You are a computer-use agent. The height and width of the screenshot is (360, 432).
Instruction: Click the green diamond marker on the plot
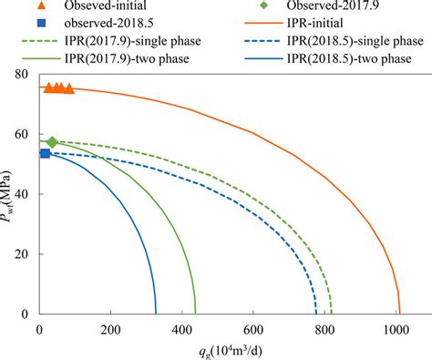pyautogui.click(x=52, y=142)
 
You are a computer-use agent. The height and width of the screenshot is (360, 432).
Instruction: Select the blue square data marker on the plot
pyautogui.click(x=45, y=153)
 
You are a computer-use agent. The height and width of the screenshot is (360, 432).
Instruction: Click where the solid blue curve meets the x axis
pyautogui.click(x=155, y=314)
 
